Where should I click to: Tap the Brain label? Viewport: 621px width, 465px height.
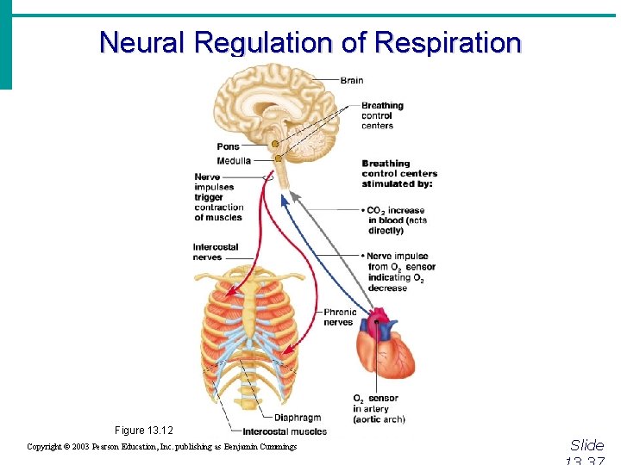pyautogui.click(x=352, y=80)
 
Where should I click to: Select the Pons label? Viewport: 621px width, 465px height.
pyautogui.click(x=229, y=146)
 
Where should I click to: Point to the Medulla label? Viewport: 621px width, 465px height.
pyautogui.click(x=234, y=160)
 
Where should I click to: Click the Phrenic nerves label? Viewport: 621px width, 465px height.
pyautogui.click(x=339, y=317)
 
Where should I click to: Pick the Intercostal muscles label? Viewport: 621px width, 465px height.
pyautogui.click(x=285, y=431)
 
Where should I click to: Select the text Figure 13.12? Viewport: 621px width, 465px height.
pyautogui.click(x=144, y=430)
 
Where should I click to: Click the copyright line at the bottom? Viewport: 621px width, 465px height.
pyautogui.click(x=161, y=447)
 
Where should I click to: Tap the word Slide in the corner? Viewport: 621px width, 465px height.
pyautogui.click(x=587, y=445)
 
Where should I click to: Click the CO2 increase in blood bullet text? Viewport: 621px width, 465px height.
pyautogui.click(x=398, y=220)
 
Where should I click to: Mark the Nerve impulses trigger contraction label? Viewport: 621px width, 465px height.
pyautogui.click(x=218, y=197)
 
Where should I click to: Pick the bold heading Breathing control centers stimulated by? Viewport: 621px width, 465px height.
pyautogui.click(x=398, y=173)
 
